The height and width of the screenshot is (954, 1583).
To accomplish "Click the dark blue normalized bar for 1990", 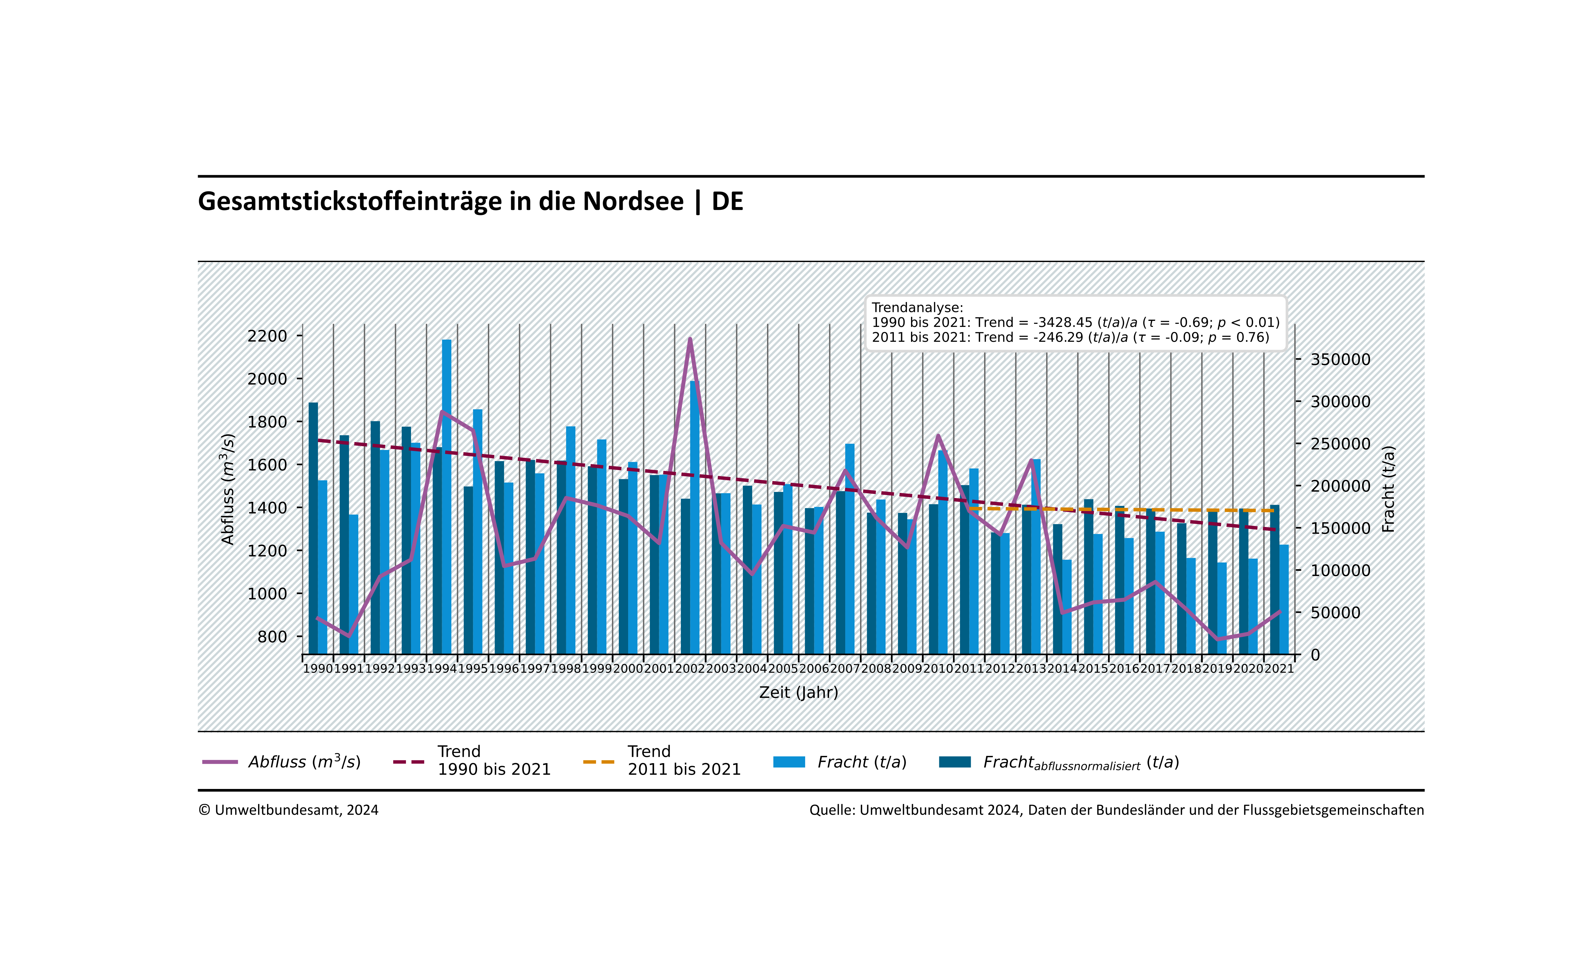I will (x=313, y=527).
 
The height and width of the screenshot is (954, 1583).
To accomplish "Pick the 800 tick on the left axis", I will (x=272, y=636).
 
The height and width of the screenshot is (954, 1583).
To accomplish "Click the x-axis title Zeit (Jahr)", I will (x=798, y=692).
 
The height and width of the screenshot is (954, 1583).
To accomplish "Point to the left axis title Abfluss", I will (x=227, y=488).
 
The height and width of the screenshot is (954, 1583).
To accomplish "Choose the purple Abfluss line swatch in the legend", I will (x=220, y=763).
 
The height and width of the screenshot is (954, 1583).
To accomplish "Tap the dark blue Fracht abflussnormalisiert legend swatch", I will (x=955, y=763).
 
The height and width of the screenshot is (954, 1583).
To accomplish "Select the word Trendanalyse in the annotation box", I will (x=917, y=308).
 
